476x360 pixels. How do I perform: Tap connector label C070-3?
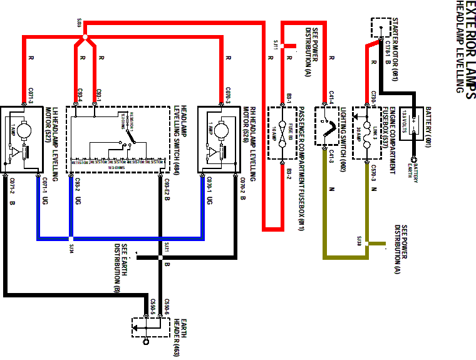coord(228,96)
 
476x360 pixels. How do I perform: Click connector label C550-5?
coord(153,306)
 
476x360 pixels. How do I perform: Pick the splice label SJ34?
coord(71,246)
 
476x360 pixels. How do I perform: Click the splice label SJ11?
coord(276,45)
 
